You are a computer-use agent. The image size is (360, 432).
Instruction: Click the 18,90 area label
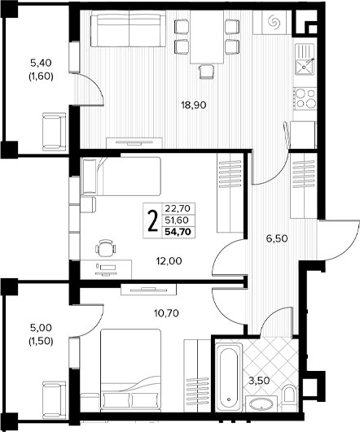click(x=194, y=105)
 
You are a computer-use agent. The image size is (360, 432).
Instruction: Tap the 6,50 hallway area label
click(x=277, y=238)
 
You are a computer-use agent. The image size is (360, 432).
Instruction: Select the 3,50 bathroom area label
click(x=259, y=381)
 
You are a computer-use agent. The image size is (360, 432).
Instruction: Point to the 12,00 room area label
click(x=169, y=260)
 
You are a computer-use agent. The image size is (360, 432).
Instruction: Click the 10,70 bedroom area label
click(x=166, y=313)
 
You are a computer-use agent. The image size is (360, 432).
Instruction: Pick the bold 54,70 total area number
click(x=178, y=232)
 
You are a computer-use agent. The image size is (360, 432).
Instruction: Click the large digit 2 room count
click(x=153, y=220)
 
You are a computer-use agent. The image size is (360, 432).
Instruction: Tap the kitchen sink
click(x=305, y=59)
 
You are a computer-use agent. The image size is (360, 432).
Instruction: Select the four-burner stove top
click(x=305, y=98)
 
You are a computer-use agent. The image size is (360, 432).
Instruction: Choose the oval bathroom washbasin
click(x=261, y=404)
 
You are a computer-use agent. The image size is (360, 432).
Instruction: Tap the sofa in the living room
click(x=128, y=28)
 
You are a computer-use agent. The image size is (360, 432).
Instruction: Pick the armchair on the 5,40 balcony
click(x=55, y=132)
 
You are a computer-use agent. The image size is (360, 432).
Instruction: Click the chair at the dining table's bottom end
click(x=207, y=72)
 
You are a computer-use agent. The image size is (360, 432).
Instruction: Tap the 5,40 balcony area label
click(x=41, y=70)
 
